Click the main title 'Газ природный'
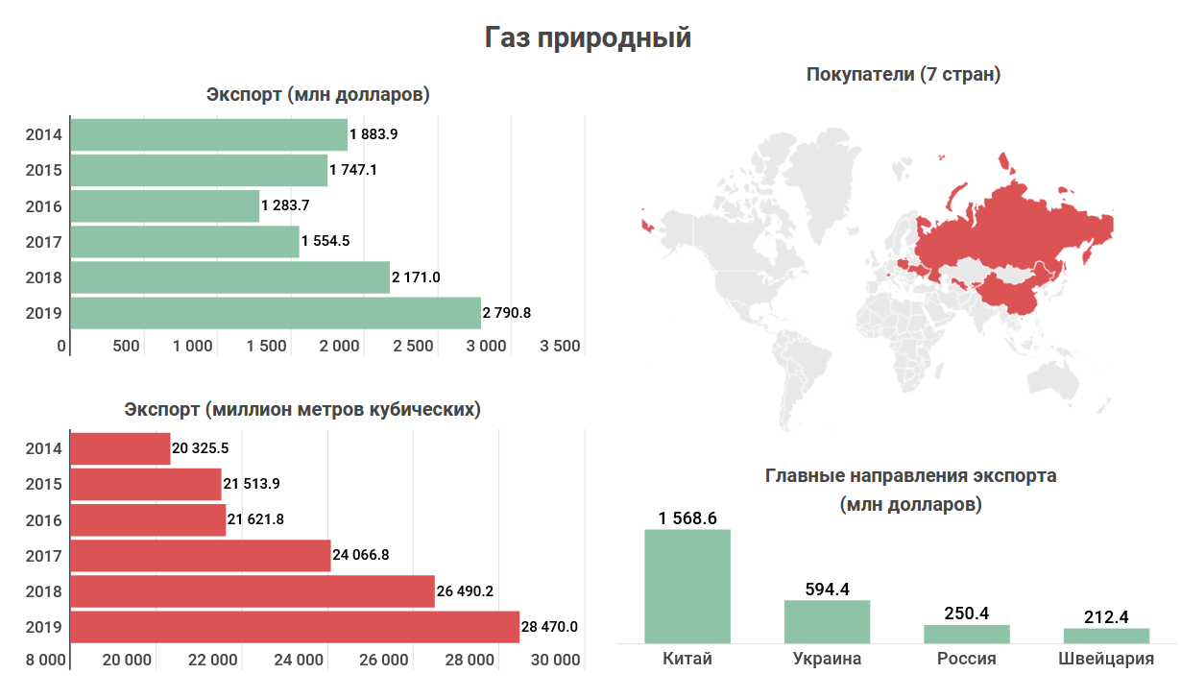[588, 37]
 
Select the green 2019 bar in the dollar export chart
[276, 313]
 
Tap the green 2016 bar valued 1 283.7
[165, 205]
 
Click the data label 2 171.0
[416, 277]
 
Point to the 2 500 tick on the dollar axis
[413, 346]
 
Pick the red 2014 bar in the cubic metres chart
[121, 448]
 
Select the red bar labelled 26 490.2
[253, 591]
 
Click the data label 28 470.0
[549, 627]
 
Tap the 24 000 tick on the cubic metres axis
[298, 660]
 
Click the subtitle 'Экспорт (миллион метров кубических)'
[302, 410]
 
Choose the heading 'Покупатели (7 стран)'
[904, 74]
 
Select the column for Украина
[827, 621]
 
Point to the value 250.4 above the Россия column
[967, 614]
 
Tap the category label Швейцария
[1106, 659]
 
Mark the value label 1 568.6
[687, 518]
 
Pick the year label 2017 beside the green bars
[44, 242]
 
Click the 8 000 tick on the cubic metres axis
[46, 660]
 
